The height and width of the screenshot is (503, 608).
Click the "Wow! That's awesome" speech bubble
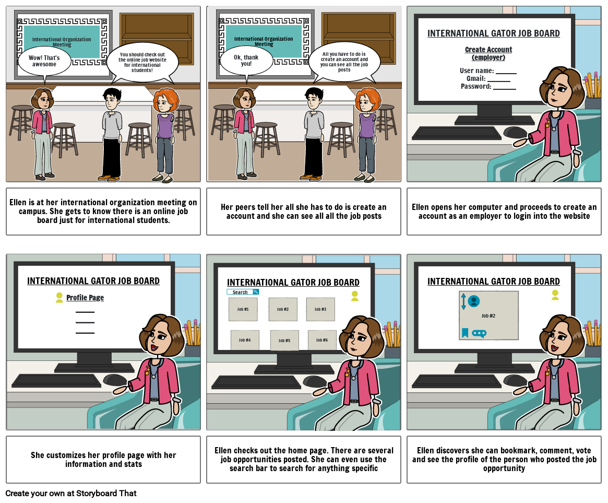point(44,61)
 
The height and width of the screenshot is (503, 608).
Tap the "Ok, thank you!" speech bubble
point(246,61)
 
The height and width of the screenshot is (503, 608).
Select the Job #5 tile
point(284,341)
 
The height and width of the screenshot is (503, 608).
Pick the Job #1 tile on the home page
point(243,309)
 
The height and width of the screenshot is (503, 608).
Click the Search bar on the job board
point(243,292)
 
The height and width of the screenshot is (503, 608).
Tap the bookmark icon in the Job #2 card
point(465,333)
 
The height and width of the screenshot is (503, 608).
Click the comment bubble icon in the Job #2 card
point(479,333)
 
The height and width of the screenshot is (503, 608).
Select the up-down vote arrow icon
point(463,301)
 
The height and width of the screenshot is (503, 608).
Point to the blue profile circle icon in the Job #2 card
point(474,301)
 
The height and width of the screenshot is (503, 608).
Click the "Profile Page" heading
point(85,298)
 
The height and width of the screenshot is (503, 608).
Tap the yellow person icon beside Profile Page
point(59,298)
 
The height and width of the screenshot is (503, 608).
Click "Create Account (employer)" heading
point(488,54)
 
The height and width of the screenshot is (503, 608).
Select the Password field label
point(476,87)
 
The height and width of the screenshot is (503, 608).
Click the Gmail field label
point(476,78)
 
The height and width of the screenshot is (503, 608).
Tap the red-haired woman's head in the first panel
point(166,101)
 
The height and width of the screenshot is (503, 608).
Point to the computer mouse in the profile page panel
point(115,380)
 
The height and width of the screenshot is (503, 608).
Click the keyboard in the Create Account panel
point(456,133)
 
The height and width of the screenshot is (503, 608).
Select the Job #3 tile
point(320,309)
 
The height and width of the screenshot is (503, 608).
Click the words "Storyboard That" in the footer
point(106,493)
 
